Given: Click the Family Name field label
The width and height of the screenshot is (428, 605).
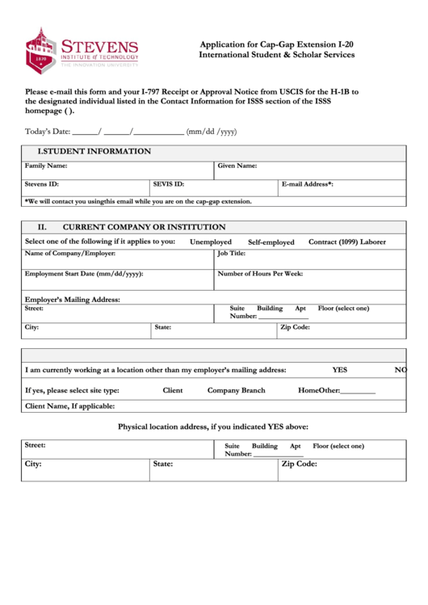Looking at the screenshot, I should [46, 166].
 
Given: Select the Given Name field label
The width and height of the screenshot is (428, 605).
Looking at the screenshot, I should [237, 166].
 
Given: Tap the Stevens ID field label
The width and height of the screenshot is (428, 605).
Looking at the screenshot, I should [42, 184].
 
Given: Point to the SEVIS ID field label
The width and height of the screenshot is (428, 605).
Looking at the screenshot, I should [169, 184].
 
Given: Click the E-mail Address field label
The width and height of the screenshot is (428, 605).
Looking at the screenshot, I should [308, 184].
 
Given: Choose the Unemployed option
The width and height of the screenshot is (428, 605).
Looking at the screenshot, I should [211, 242].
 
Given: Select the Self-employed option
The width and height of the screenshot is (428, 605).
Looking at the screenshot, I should [271, 242].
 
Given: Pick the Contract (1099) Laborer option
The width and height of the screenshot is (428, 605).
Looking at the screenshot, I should [347, 242].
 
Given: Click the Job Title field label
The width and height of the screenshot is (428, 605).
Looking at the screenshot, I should [232, 254].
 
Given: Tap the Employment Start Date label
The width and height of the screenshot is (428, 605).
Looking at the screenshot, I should [84, 274].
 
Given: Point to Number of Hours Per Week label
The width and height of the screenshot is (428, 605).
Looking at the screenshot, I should [260, 274].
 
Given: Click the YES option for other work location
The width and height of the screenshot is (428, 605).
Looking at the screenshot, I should [340, 369].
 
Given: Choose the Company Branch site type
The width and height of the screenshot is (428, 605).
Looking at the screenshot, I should [236, 390].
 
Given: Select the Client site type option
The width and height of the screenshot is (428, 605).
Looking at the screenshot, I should [173, 390].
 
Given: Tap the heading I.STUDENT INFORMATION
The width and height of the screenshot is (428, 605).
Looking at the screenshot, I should [94, 151].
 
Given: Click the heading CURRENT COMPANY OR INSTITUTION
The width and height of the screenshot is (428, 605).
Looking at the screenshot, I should [144, 227].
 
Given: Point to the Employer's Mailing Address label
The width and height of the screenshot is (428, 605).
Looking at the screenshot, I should [72, 300].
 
